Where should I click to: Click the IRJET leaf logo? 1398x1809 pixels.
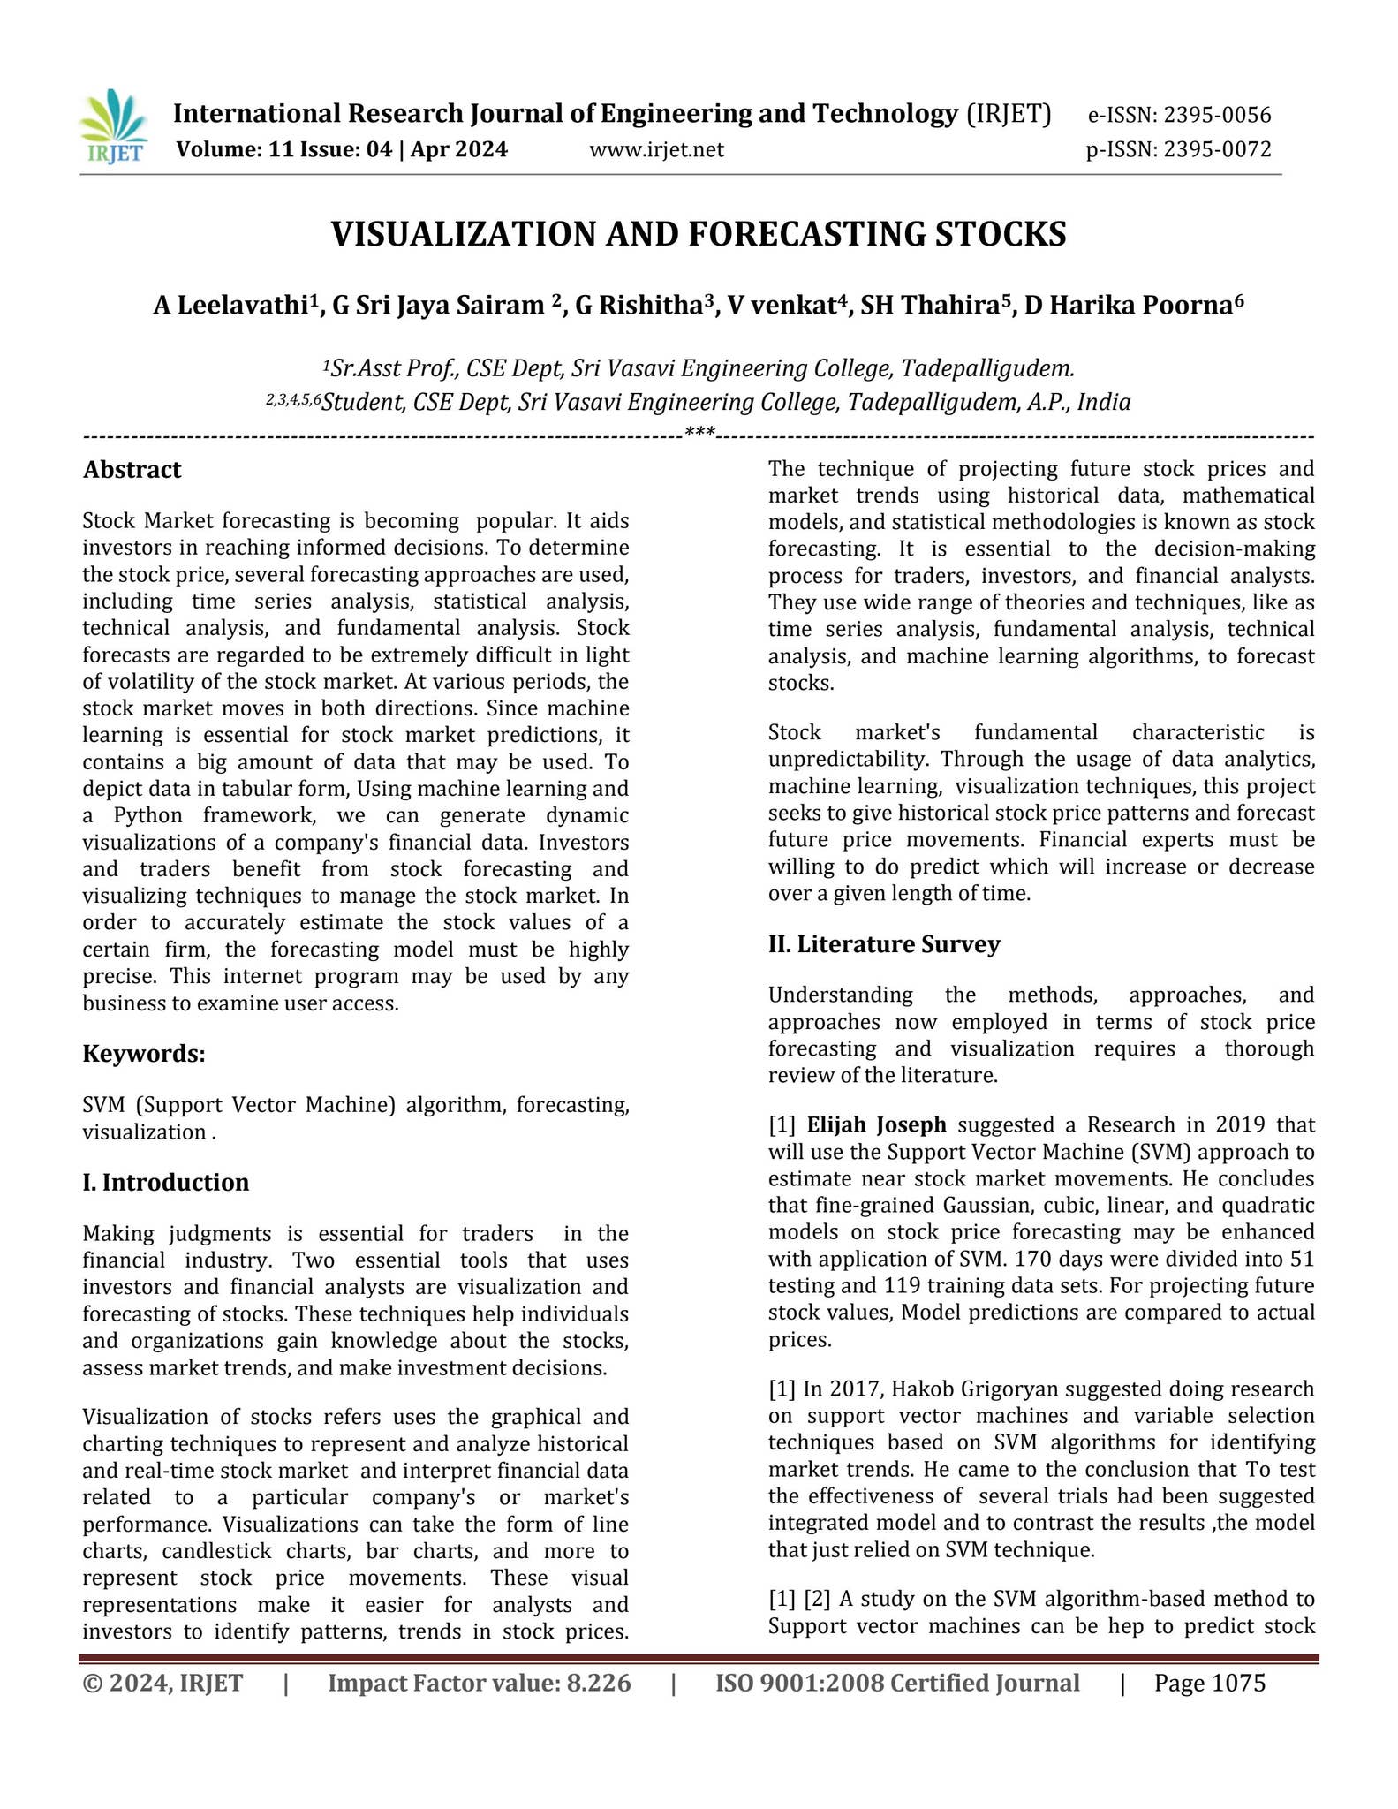[x=112, y=127]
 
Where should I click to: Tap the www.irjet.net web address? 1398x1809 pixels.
[x=656, y=150]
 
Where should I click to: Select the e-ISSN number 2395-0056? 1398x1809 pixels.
[x=1217, y=115]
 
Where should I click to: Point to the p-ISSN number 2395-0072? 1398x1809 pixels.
[x=1217, y=150]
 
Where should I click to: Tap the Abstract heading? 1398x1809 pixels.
[x=132, y=470]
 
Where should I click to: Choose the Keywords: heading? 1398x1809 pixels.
[x=144, y=1054]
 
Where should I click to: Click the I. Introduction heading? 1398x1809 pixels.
[x=166, y=1183]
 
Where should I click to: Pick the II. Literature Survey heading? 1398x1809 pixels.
[x=884, y=944]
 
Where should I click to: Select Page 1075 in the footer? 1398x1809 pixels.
[x=1210, y=1683]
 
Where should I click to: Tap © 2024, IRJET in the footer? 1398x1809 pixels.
[x=162, y=1683]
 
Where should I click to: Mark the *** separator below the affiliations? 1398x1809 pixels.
[x=699, y=434]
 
